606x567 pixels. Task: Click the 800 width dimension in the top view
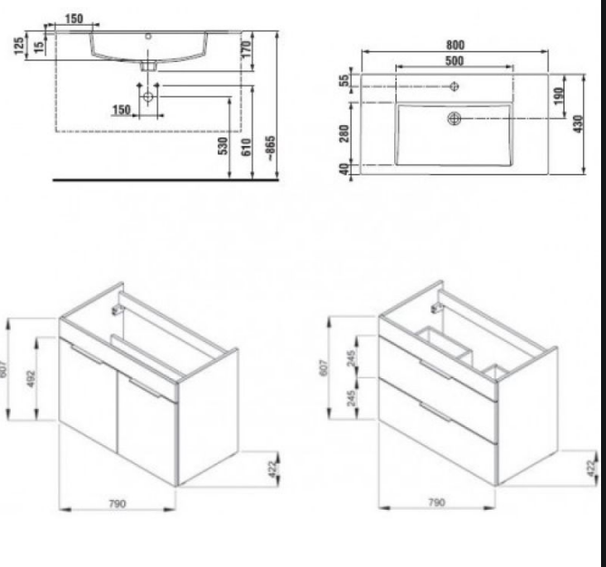click(x=454, y=46)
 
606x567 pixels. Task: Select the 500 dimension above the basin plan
click(x=454, y=60)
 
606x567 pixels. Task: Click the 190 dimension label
click(x=558, y=95)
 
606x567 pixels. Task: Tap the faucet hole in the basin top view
click(x=454, y=86)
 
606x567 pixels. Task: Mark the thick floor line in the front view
click(x=166, y=179)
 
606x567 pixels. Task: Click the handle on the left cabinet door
click(x=86, y=356)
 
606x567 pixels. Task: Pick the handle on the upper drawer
click(x=435, y=370)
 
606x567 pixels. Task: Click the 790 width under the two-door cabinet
click(x=118, y=503)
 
